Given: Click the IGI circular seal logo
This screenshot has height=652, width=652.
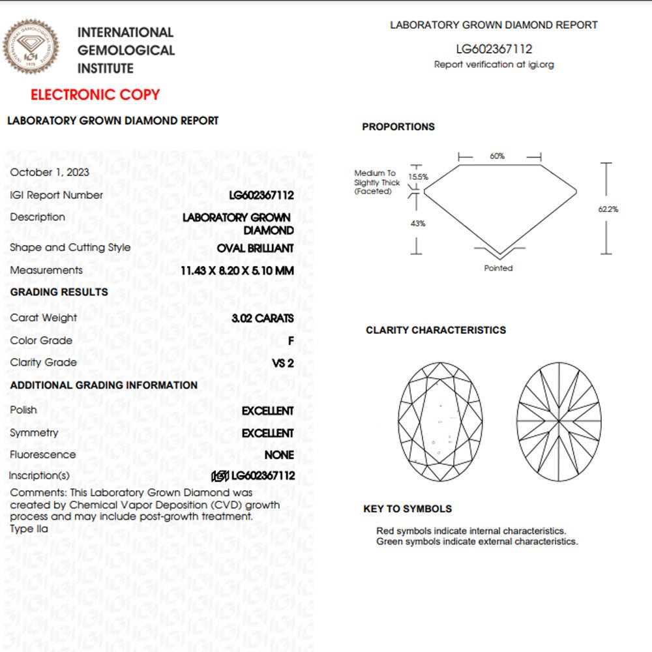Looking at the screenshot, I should (x=31, y=46).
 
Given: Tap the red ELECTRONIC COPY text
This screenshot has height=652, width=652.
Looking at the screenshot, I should (x=95, y=95).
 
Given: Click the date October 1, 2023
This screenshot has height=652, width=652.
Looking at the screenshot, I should (x=50, y=172).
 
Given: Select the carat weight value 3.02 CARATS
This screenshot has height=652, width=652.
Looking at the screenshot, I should (x=263, y=319).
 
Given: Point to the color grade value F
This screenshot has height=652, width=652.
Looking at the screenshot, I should (x=291, y=341).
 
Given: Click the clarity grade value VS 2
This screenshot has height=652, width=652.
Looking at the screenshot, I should (x=283, y=363).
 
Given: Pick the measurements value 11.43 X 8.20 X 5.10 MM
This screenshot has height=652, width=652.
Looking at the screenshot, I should (x=237, y=271).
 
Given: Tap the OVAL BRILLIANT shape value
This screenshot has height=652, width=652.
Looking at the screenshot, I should (x=256, y=248).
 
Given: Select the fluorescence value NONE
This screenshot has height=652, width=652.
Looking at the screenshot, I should (x=279, y=455).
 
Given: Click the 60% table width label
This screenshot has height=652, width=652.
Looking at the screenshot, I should (x=497, y=156).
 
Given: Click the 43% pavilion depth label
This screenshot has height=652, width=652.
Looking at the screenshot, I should (x=418, y=224).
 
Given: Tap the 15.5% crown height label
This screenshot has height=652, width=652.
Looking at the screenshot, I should (x=418, y=177).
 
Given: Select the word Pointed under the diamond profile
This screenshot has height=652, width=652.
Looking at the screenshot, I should (x=498, y=268).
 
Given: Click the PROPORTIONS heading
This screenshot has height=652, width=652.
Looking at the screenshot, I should (x=398, y=127).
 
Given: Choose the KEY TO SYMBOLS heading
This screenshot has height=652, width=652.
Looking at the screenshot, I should (x=407, y=509).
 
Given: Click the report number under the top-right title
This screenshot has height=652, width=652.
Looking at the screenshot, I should (x=494, y=49).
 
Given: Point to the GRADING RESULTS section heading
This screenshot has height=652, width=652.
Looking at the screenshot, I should (x=59, y=292).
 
